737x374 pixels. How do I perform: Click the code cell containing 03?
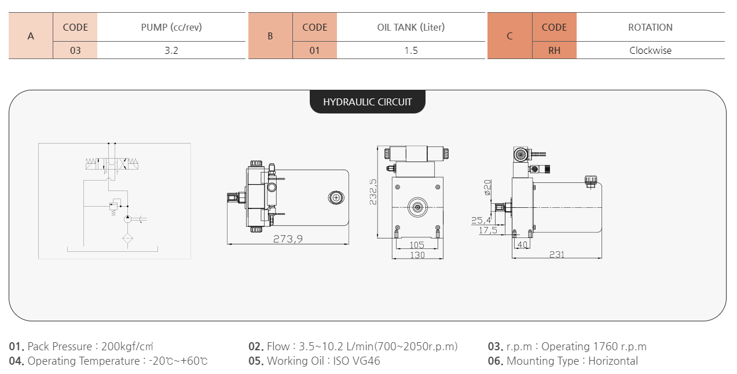[x=75, y=50]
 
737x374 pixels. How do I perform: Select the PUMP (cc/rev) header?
[x=171, y=27]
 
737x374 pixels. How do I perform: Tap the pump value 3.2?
[x=171, y=50]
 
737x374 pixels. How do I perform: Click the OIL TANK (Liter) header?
[x=410, y=27]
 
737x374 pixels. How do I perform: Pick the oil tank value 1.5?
[x=410, y=50]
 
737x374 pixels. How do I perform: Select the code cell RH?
[x=554, y=50]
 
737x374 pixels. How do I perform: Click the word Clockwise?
[x=650, y=50]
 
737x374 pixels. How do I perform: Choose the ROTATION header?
[x=650, y=27]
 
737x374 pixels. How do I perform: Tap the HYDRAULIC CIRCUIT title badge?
[x=368, y=102]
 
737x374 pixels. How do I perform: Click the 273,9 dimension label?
[x=288, y=239]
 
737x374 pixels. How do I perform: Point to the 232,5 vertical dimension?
[x=373, y=191]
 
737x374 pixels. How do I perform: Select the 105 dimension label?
[x=417, y=245]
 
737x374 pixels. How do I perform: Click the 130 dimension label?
[x=417, y=255]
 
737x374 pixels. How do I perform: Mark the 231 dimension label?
[x=556, y=255]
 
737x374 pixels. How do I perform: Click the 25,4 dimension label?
[x=481, y=220]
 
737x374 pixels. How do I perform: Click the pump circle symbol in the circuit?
[x=129, y=219]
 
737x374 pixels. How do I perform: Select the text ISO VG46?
[x=357, y=361]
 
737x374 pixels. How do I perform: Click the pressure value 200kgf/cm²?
[x=127, y=347]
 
